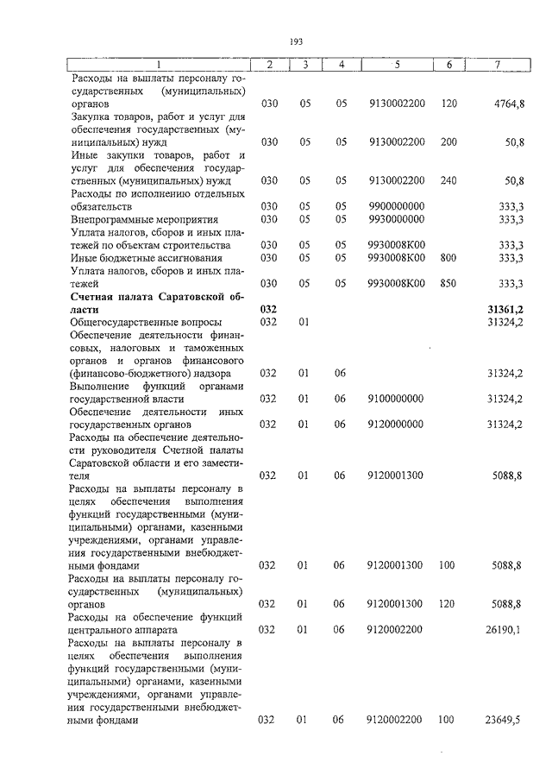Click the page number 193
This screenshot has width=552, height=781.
[296, 41]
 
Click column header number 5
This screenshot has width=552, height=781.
[396, 66]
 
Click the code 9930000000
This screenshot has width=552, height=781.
[396, 219]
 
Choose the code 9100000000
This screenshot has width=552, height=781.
[396, 399]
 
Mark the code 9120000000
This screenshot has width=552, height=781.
[396, 425]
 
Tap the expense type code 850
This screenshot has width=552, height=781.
[448, 283]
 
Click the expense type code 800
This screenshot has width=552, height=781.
[448, 257]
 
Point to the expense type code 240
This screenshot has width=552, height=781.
[448, 180]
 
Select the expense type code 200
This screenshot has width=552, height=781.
[448, 142]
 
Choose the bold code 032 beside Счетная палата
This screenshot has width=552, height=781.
[268, 308]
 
